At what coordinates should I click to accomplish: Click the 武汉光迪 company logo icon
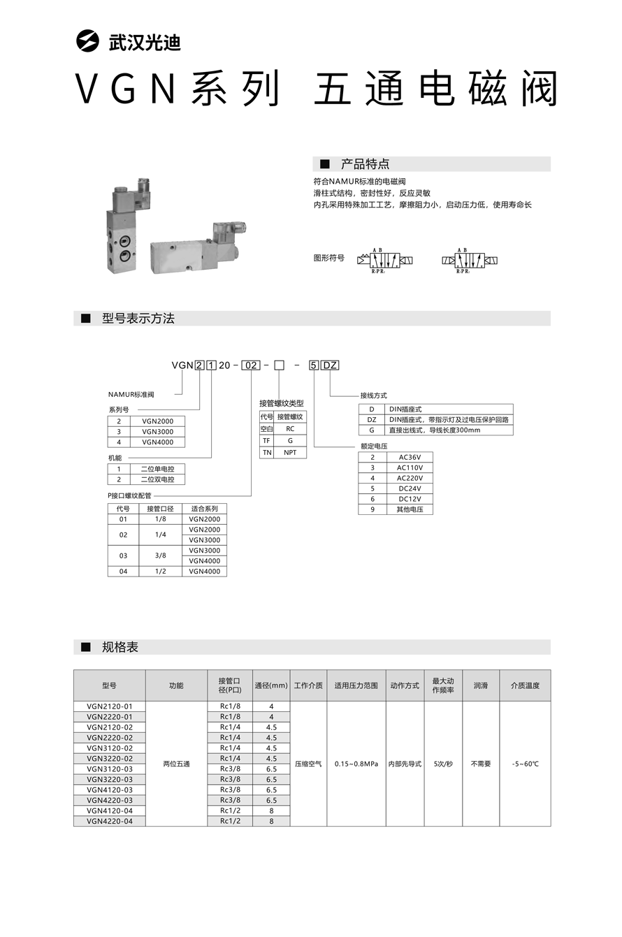point(89,41)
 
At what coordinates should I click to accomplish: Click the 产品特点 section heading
point(365,164)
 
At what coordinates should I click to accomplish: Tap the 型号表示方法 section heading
point(138,319)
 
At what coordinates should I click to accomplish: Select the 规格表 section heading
point(120,647)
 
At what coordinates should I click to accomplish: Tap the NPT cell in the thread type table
point(290,452)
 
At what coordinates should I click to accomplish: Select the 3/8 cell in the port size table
point(161,555)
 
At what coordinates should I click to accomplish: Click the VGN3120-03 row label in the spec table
point(110,769)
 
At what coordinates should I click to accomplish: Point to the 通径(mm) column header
point(271,685)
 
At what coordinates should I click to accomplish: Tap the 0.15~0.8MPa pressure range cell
point(356,764)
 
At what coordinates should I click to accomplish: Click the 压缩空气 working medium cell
point(308,764)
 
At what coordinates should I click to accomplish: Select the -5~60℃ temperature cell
point(525,764)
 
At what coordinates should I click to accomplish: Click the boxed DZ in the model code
point(331,365)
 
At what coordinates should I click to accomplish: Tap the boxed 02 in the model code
point(251,365)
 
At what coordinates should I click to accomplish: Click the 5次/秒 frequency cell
point(443,764)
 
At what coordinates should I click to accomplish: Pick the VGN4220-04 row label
point(110,821)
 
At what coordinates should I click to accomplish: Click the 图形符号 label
point(328,258)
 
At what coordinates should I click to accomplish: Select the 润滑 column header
point(481,685)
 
